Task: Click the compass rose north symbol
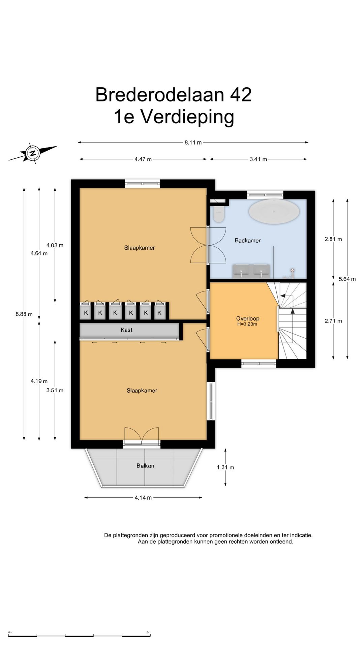(x=33, y=153)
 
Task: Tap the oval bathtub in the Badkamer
(x=274, y=211)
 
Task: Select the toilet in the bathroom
(x=219, y=213)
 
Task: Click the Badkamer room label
(x=248, y=240)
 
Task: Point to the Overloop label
(x=248, y=318)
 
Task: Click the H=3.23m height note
(x=247, y=324)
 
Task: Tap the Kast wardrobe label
(x=126, y=330)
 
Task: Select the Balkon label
(x=145, y=466)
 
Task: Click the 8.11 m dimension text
(x=193, y=143)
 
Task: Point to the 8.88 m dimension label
(x=24, y=314)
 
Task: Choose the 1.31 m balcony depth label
(x=225, y=467)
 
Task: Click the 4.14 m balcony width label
(x=143, y=498)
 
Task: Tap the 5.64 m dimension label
(x=347, y=279)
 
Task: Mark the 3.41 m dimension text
(x=259, y=159)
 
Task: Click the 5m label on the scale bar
(x=148, y=632)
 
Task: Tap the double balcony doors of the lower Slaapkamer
(x=142, y=437)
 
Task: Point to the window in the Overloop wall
(x=259, y=364)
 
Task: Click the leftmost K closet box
(x=86, y=312)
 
